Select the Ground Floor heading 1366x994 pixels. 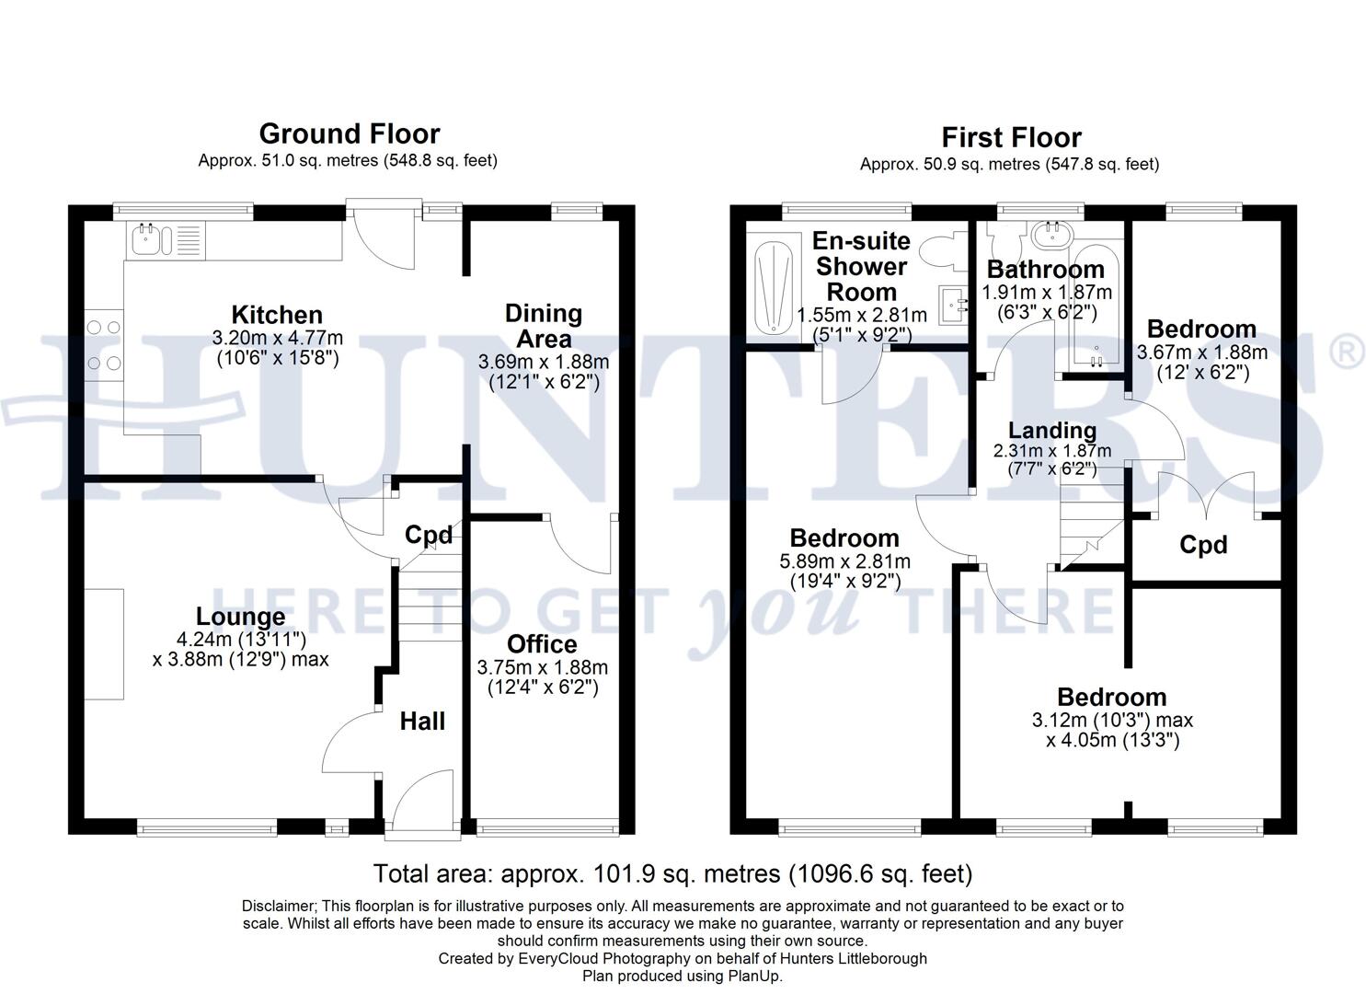pyautogui.click(x=349, y=134)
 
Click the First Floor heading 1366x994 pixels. pyautogui.click(x=1010, y=138)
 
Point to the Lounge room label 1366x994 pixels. pyautogui.click(x=240, y=617)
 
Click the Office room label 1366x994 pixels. pyautogui.click(x=542, y=644)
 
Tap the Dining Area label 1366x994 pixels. pyautogui.click(x=543, y=326)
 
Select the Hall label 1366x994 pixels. pyautogui.click(x=422, y=722)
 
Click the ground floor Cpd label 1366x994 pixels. pyautogui.click(x=429, y=535)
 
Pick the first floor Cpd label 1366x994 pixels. pyautogui.click(x=1203, y=546)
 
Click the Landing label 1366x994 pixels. pyautogui.click(x=1051, y=431)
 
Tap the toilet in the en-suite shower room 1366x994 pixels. pyautogui.click(x=944, y=249)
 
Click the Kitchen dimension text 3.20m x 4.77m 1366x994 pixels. pyautogui.click(x=279, y=338)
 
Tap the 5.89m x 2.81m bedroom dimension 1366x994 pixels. pyautogui.click(x=844, y=561)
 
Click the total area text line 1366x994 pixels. pyautogui.click(x=672, y=873)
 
